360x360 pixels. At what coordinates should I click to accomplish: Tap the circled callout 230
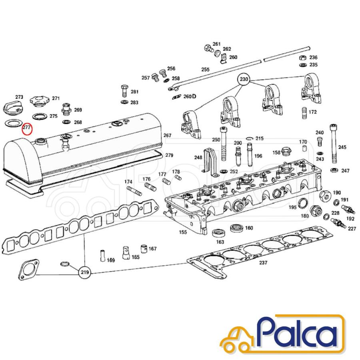(x=244, y=80)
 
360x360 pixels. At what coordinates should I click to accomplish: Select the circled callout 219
(x=85, y=272)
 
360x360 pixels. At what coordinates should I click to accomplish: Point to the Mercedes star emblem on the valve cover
(x=116, y=124)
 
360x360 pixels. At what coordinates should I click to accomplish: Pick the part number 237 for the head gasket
(x=263, y=262)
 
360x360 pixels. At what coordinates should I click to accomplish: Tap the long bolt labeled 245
(x=333, y=144)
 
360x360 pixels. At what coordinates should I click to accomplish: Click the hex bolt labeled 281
(x=124, y=91)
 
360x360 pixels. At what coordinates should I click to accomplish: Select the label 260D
(x=190, y=96)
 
